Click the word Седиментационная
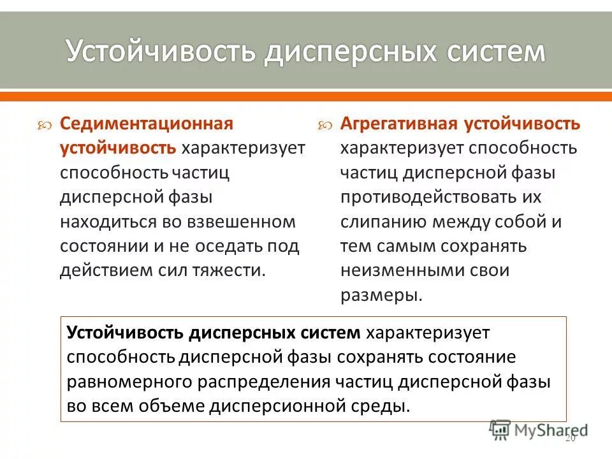point(147,122)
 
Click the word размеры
point(381,295)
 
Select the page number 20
point(570,439)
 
